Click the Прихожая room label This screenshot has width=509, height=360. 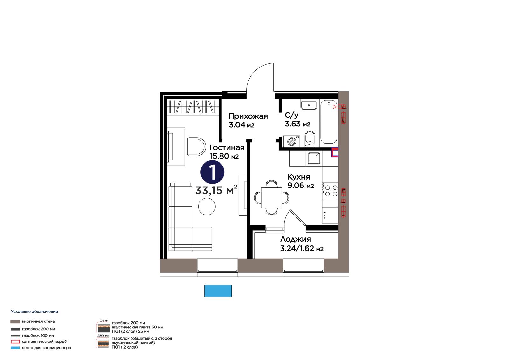point(248,116)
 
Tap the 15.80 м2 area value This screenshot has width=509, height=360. point(224,156)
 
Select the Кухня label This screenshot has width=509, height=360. point(299,177)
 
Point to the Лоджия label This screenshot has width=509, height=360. point(296,239)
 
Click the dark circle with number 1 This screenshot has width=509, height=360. point(212,172)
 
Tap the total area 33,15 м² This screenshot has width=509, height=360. point(216,190)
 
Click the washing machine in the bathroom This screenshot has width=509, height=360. point(291,141)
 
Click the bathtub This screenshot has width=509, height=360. point(329,122)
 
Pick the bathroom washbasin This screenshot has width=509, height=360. point(309,105)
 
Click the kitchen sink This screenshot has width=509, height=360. point(314,158)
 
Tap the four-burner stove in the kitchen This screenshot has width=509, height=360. point(330,191)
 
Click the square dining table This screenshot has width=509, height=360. point(272,197)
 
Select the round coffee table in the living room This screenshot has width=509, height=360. point(207,207)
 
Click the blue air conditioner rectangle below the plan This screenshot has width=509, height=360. point(218,291)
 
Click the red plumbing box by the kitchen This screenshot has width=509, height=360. point(335,152)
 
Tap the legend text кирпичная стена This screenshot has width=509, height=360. point(38,321)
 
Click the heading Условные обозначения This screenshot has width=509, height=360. point(35,312)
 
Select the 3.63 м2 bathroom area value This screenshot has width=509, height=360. point(297,124)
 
